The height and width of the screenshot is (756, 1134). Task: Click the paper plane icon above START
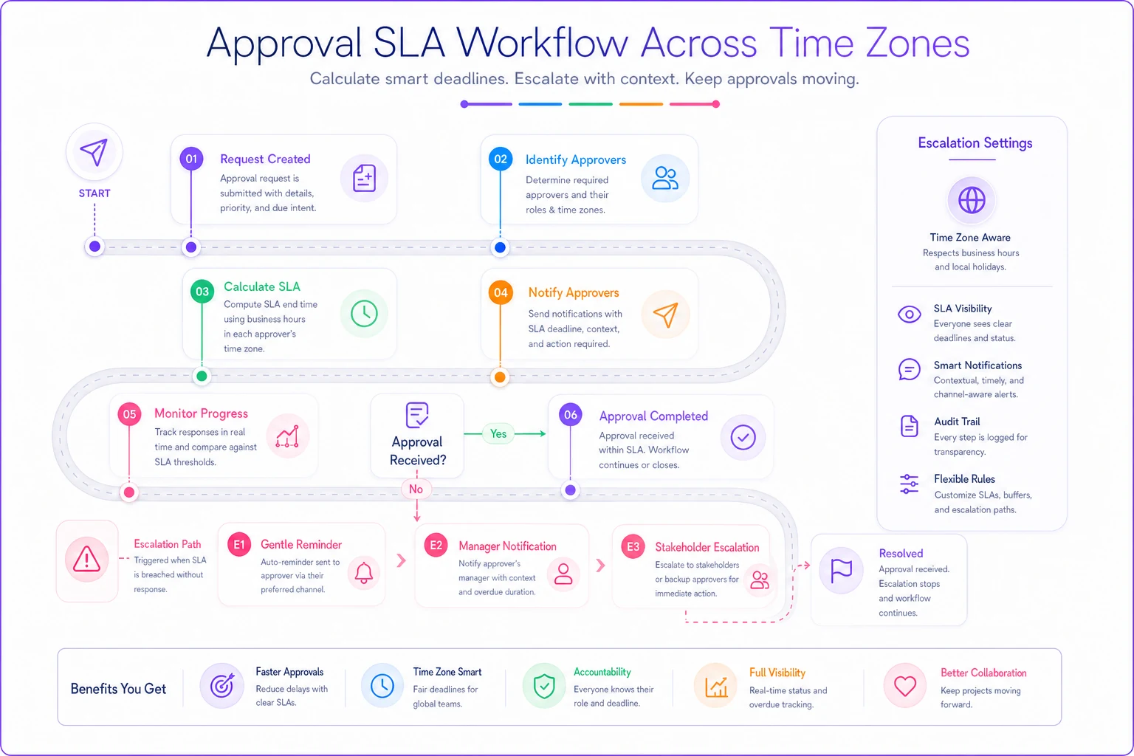94,152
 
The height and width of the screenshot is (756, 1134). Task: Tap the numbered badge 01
191,159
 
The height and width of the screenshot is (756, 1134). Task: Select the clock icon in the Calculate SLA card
364,314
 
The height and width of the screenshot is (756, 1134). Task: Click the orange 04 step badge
500,292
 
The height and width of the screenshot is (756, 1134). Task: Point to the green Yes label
498,434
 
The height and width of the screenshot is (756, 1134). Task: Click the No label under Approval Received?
416,489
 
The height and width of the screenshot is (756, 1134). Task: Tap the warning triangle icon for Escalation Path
86,560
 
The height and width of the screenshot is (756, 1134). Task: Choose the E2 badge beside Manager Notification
436,546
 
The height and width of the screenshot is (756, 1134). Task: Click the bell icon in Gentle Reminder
363,573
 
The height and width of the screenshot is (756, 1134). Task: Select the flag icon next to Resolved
841,570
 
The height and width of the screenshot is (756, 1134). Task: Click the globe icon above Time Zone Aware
972,200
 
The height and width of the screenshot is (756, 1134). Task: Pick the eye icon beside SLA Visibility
910,315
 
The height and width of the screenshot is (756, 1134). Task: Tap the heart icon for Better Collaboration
905,686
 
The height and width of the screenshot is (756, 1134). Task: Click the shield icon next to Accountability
544,687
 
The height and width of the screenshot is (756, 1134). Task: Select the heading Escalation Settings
975,143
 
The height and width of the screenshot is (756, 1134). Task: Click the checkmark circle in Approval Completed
743,438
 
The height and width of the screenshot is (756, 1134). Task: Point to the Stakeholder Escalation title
707,547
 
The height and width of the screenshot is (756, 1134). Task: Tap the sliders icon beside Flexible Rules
910,484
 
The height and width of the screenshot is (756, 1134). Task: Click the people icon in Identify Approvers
664,178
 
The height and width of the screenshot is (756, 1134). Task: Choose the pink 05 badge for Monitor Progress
130,414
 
